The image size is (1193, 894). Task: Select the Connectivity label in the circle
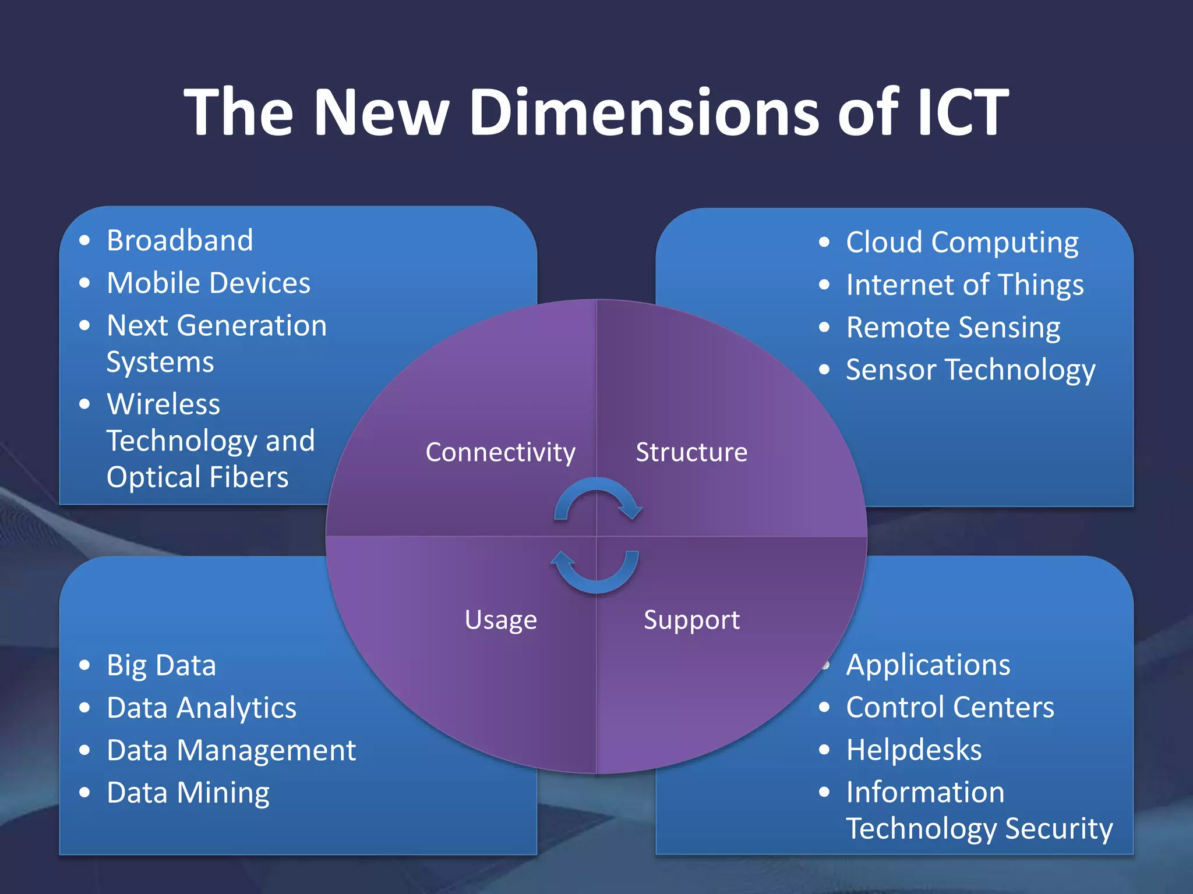[500, 452]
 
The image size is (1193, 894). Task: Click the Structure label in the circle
[691, 452]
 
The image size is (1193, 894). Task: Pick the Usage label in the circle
[500, 620]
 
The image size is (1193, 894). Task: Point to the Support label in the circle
[691, 620]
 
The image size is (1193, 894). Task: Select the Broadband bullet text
[180, 240]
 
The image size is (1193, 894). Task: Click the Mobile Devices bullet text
[209, 283]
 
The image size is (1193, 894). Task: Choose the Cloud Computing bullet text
[962, 242]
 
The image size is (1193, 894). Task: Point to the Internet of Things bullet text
[965, 285]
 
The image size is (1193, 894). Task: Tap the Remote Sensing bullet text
[953, 328]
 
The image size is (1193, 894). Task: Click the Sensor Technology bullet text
[970, 370]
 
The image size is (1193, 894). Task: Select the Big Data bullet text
[161, 665]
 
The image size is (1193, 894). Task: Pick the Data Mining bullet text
[188, 793]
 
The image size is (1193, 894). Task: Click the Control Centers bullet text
[950, 708]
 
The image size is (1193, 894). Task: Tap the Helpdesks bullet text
[914, 750]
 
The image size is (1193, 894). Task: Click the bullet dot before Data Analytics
[85, 708]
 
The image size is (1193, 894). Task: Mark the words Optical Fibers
[197, 477]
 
